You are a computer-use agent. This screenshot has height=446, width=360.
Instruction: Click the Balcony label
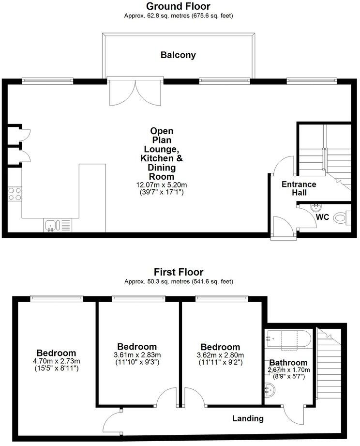(x=178, y=55)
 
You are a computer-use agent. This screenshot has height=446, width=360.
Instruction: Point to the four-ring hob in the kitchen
(x=15, y=194)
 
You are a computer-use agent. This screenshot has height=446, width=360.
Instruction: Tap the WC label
(x=322, y=217)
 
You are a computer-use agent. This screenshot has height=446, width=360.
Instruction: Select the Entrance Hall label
(x=299, y=188)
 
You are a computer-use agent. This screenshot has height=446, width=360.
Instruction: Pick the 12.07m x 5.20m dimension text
(x=161, y=185)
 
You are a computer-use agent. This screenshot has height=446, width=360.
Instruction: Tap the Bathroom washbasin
(x=271, y=388)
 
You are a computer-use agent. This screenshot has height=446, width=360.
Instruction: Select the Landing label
(x=248, y=418)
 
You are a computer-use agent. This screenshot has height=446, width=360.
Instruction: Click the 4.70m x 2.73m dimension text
(x=57, y=361)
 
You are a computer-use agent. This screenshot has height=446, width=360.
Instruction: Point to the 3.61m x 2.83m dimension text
(x=136, y=355)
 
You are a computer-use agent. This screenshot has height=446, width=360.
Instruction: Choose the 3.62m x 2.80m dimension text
(x=220, y=355)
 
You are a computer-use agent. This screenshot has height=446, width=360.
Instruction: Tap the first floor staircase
(x=329, y=368)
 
